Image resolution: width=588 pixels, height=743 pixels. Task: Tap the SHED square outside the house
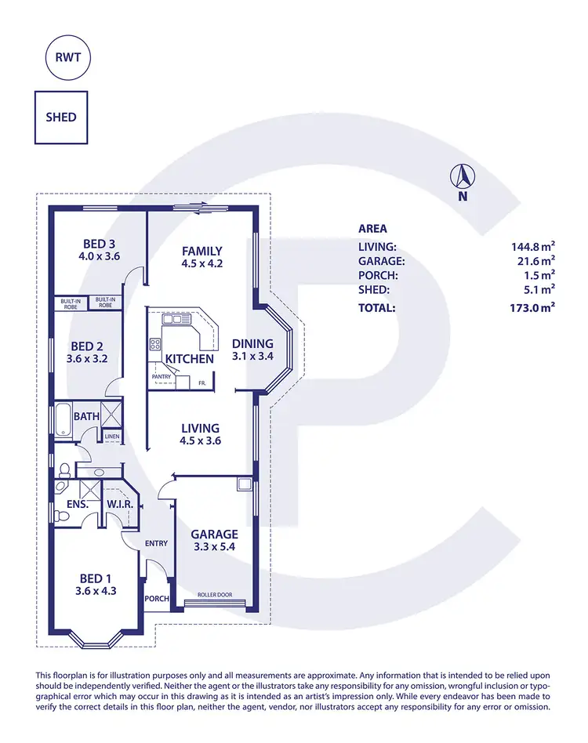tap(61, 118)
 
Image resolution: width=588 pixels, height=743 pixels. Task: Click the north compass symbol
tap(463, 177)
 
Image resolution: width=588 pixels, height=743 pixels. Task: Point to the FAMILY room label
tap(202, 251)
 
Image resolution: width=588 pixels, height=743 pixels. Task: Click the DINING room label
tap(252, 343)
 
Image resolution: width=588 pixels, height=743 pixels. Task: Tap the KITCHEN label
tap(189, 359)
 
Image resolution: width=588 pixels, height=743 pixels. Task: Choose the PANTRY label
tap(162, 377)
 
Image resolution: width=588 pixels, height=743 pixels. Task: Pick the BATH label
tap(86, 416)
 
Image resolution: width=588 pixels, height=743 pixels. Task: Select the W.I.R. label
tap(118, 504)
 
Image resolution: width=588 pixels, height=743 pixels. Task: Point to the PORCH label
tap(157, 599)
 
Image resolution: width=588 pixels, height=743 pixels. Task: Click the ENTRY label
tap(157, 542)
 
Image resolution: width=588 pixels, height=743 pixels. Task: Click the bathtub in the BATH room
tap(60, 419)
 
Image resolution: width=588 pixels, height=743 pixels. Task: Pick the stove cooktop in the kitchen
tap(155, 344)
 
